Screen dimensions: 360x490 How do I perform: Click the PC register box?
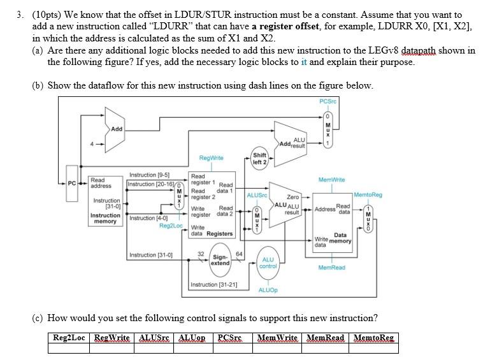point(73,185)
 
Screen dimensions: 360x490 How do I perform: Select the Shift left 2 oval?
point(259,158)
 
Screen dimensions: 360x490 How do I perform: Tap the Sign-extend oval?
point(220,260)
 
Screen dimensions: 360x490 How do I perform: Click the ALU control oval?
point(268,263)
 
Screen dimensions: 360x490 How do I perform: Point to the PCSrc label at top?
point(328,103)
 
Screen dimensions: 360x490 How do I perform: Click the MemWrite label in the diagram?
point(331,180)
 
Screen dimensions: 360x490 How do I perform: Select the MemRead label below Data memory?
point(331,268)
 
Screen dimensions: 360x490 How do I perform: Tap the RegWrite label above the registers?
point(211,157)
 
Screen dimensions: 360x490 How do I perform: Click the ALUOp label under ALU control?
point(268,290)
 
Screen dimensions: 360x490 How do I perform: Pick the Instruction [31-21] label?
point(214,284)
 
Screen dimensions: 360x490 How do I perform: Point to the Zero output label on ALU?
point(293,198)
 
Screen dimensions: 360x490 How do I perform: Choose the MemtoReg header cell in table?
point(373,337)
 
